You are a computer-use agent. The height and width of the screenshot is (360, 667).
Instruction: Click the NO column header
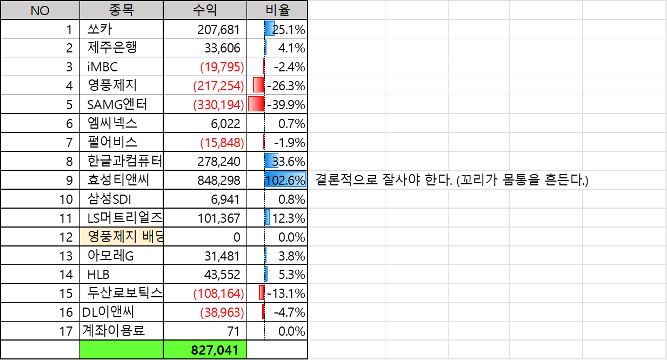point(40,10)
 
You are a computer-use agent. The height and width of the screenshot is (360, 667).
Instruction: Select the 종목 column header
point(121,10)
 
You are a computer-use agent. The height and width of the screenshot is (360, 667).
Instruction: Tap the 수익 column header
point(205,10)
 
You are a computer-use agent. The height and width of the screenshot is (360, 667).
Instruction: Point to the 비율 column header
point(277,10)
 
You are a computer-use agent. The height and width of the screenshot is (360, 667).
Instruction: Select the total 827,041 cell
point(205,350)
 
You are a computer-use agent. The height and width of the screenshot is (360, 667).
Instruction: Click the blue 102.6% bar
point(285,180)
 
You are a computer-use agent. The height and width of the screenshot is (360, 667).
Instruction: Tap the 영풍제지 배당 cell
point(121,237)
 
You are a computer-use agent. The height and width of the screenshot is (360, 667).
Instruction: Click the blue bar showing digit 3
point(271,161)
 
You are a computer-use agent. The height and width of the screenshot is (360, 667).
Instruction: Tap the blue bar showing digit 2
point(270,29)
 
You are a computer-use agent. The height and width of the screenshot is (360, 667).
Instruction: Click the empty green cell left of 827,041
point(121,350)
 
